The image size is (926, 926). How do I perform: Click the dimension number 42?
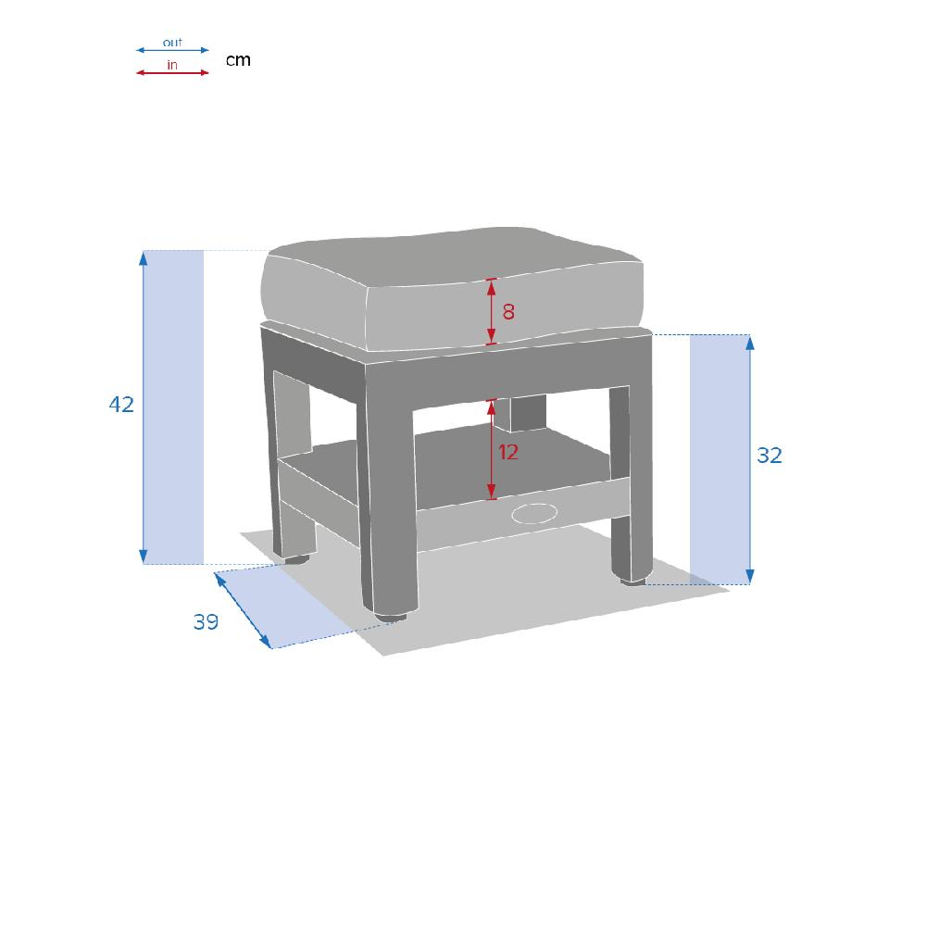click(121, 405)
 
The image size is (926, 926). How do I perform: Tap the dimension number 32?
click(770, 456)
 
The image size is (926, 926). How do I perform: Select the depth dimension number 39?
click(206, 622)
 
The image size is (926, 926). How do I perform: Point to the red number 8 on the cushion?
click(508, 312)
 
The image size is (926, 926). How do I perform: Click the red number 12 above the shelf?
click(508, 453)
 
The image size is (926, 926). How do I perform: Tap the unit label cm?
click(239, 60)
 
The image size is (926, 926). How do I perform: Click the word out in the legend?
click(172, 43)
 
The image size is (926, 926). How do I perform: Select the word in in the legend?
click(172, 65)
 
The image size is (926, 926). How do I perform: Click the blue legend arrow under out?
click(172, 50)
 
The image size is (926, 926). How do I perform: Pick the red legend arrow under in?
click(172, 72)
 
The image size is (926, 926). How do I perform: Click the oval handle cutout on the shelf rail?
click(534, 513)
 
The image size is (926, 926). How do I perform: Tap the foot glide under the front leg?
click(391, 617)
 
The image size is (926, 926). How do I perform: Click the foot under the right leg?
click(632, 582)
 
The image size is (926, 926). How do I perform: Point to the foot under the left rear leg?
click(296, 558)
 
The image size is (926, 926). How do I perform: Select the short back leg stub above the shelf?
click(519, 413)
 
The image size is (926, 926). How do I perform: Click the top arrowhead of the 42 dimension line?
click(143, 257)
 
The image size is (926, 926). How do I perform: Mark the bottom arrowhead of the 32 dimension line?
click(750, 577)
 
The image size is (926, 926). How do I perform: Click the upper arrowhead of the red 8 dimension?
click(492, 286)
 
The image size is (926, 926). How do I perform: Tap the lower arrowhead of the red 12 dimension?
click(492, 492)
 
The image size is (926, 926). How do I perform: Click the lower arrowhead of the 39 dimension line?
click(265, 641)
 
